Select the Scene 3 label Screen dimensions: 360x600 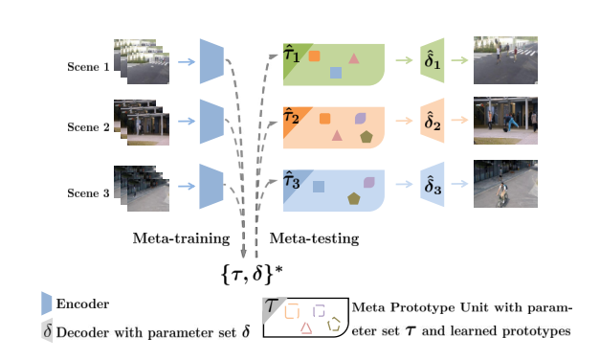(x=87, y=192)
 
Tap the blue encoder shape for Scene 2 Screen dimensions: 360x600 (x=211, y=124)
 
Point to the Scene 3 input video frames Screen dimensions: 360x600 (x=141, y=188)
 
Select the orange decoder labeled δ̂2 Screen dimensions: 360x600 (x=433, y=124)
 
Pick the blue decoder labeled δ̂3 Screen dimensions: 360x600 (x=433, y=187)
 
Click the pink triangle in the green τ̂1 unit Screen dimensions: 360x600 (x=354, y=58)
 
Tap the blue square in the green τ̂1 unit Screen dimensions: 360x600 (x=336, y=72)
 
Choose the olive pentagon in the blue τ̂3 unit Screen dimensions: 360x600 (x=354, y=198)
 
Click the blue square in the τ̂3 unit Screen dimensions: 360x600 (x=319, y=187)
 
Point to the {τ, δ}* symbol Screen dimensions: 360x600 (x=252, y=275)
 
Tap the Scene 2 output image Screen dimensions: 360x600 (x=505, y=122)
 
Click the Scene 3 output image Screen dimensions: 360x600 (x=505, y=184)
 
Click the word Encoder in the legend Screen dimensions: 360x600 (x=82, y=304)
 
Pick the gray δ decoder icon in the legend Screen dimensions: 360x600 (x=46, y=331)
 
